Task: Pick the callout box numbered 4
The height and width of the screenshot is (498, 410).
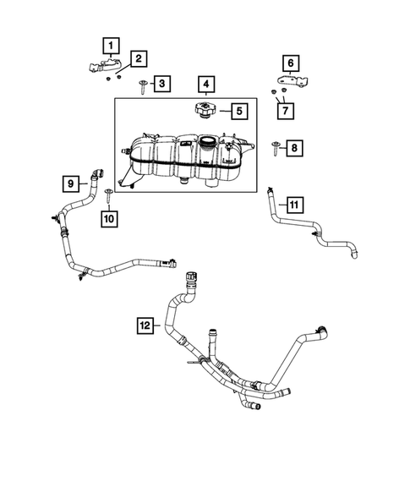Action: point(205,84)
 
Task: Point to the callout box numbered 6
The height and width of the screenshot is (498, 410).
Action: point(290,63)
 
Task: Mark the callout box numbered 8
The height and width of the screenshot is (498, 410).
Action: point(293,149)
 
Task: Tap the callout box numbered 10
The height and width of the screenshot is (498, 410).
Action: point(108,218)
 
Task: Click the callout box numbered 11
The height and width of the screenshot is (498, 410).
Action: point(293,205)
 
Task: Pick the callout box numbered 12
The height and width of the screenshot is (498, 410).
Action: point(145,324)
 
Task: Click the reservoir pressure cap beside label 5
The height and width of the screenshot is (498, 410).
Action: point(205,110)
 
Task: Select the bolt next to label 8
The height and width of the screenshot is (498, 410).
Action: point(276,150)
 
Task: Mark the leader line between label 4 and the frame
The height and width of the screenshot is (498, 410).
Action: point(205,96)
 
